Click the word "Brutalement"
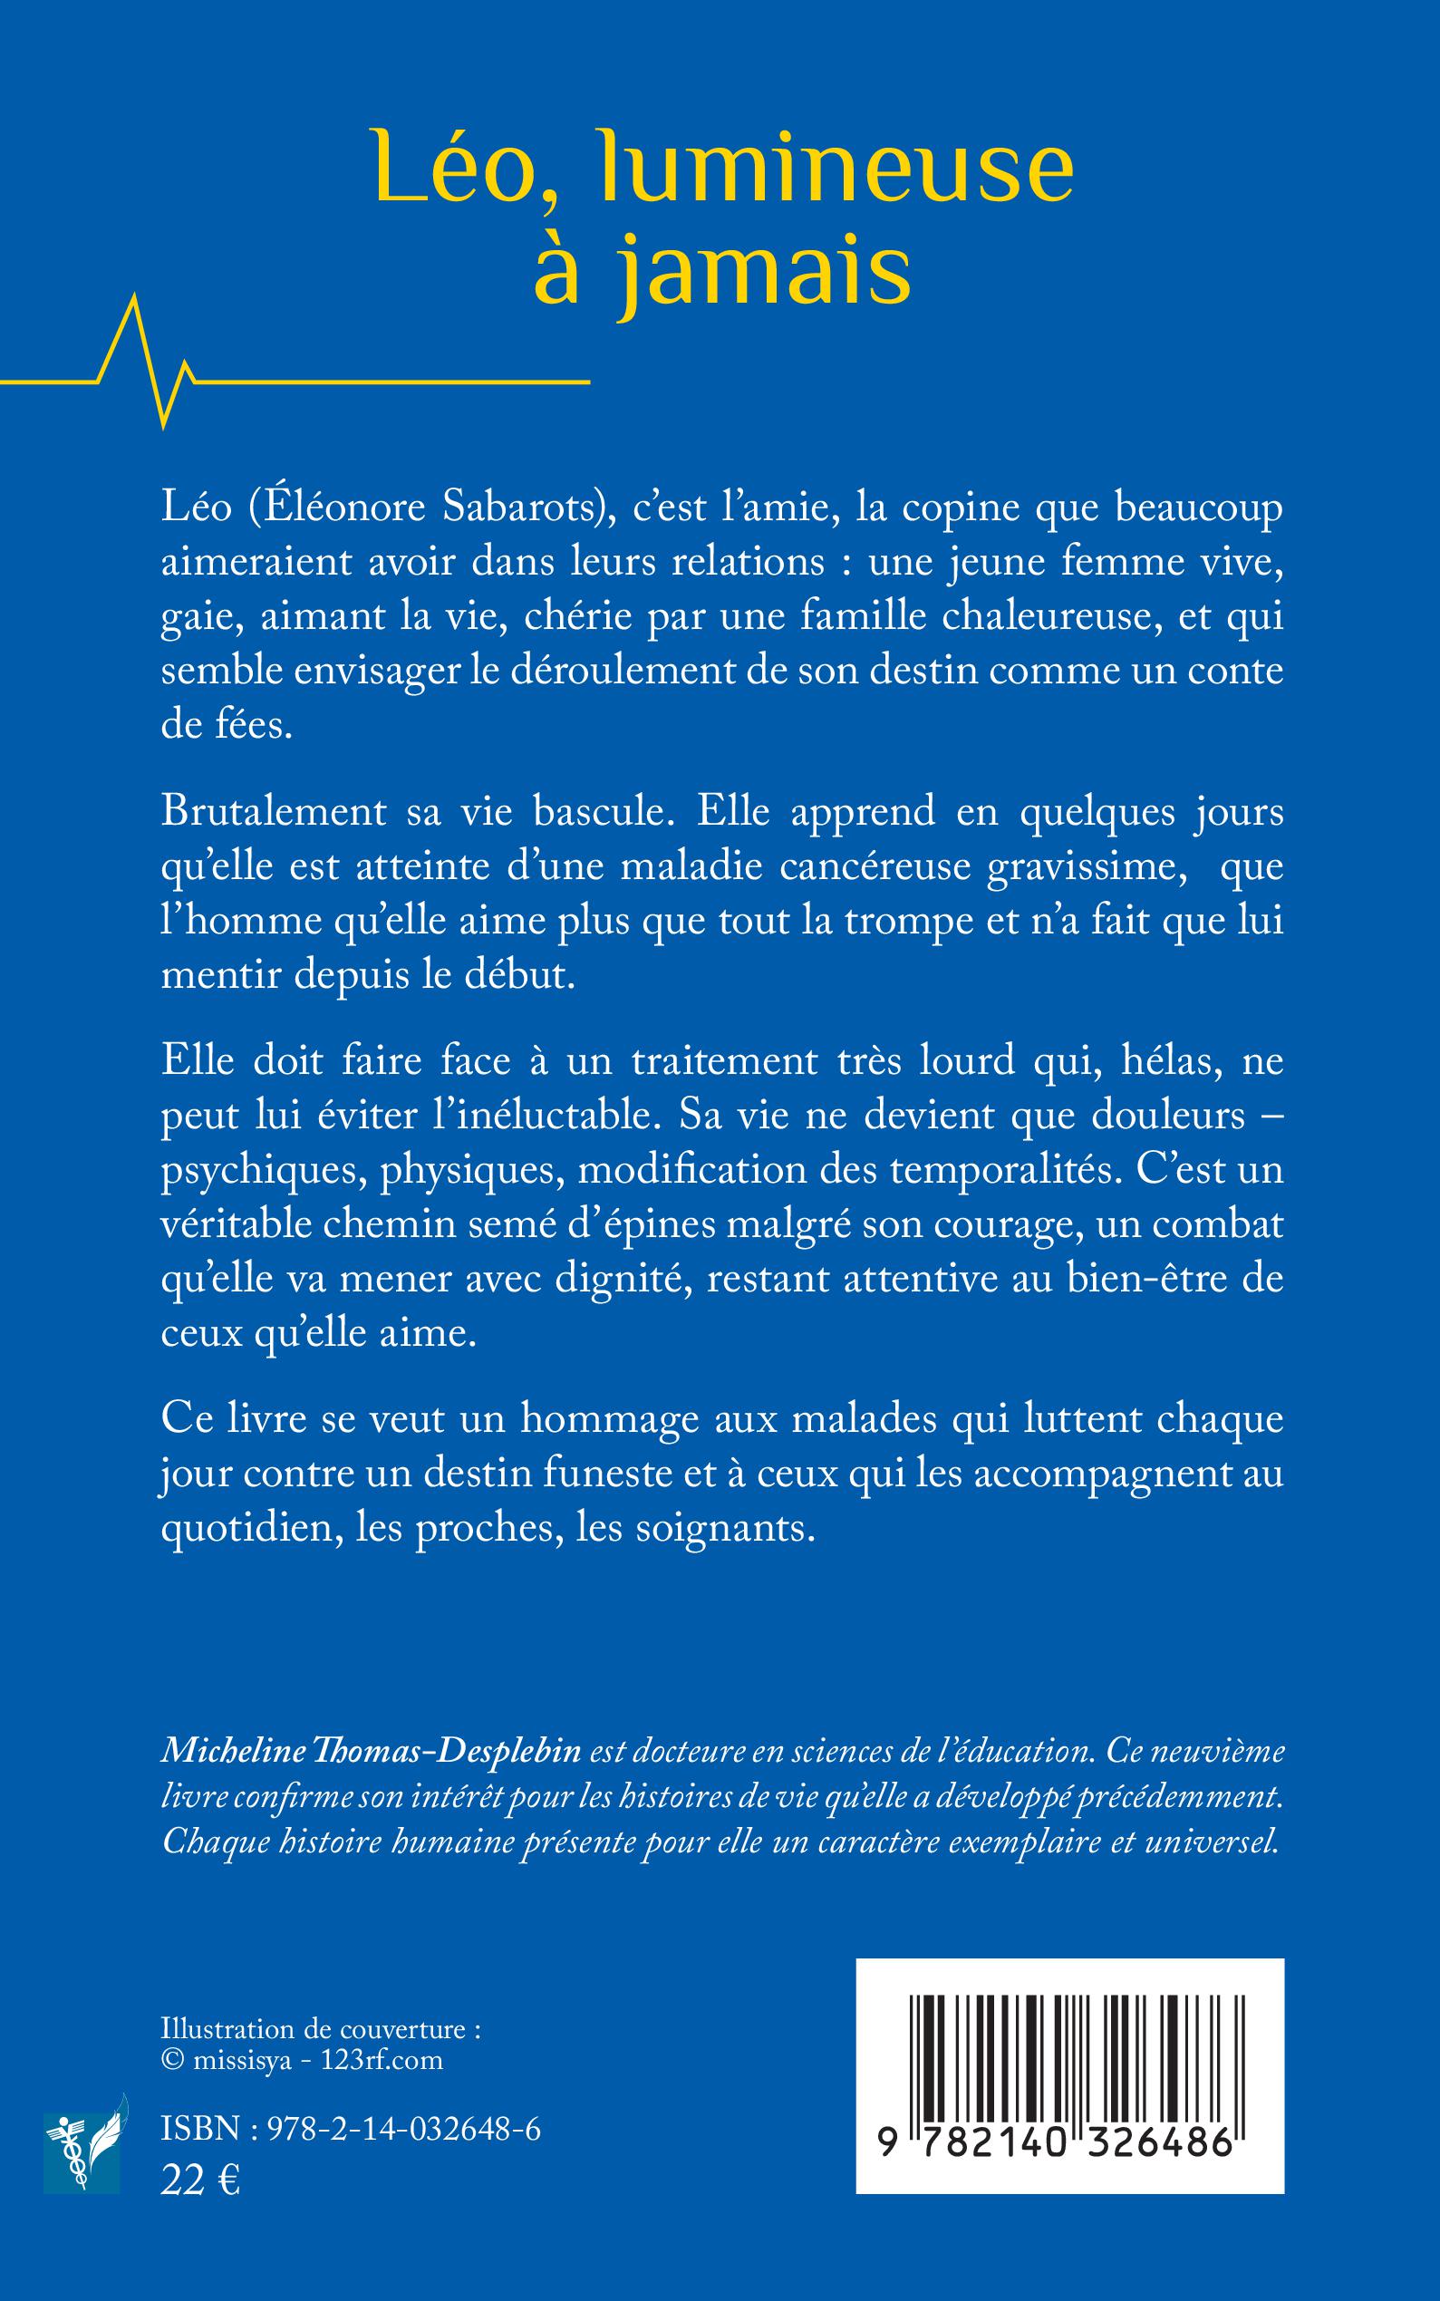point(275,812)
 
